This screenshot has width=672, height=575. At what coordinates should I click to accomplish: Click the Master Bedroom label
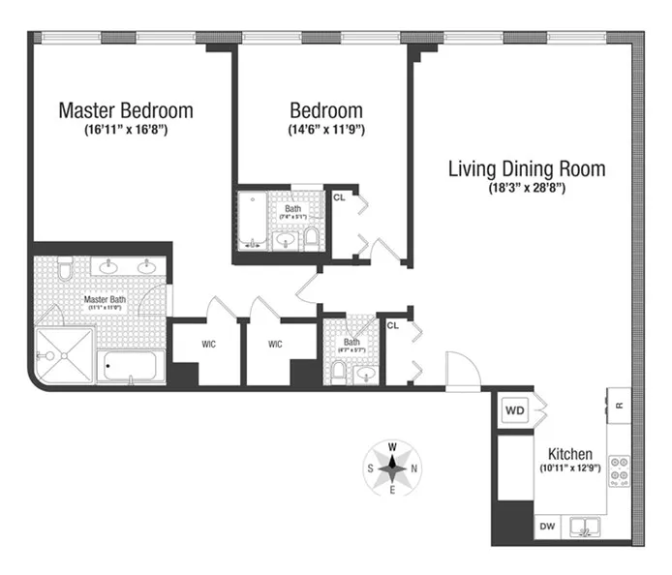click(126, 110)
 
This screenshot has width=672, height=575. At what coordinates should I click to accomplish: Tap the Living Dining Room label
click(526, 168)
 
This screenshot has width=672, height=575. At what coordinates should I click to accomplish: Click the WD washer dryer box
click(515, 410)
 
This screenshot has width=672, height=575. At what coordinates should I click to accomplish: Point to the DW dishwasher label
click(546, 528)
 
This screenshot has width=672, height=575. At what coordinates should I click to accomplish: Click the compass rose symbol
click(393, 468)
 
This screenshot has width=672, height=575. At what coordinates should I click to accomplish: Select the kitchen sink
click(584, 528)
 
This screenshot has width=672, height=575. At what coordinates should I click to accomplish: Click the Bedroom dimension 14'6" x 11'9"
click(325, 129)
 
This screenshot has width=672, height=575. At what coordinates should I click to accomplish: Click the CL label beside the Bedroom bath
click(339, 197)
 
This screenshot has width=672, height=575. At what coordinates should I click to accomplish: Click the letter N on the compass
click(415, 468)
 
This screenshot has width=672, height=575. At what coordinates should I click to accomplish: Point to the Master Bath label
click(106, 300)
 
